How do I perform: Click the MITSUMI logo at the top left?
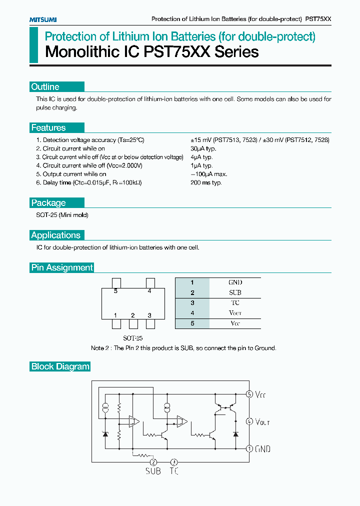click(42, 19)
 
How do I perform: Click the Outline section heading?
click(45, 87)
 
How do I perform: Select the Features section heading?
click(48, 128)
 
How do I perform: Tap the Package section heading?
click(48, 203)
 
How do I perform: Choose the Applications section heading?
click(55, 235)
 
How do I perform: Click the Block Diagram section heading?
click(60, 366)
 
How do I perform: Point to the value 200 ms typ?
click(206, 182)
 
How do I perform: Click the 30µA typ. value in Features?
click(203, 148)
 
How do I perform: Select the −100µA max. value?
click(209, 174)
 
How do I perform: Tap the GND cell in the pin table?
click(235, 282)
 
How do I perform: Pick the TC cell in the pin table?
click(235, 303)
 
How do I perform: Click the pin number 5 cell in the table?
click(192, 323)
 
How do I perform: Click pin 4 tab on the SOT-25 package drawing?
click(149, 283)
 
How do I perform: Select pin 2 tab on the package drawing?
click(133, 324)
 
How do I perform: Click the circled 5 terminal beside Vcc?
click(249, 394)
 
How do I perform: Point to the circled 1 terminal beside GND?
click(249, 448)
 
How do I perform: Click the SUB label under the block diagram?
click(153, 471)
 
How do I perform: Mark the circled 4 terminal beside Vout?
click(249, 421)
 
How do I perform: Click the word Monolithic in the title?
click(75, 52)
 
